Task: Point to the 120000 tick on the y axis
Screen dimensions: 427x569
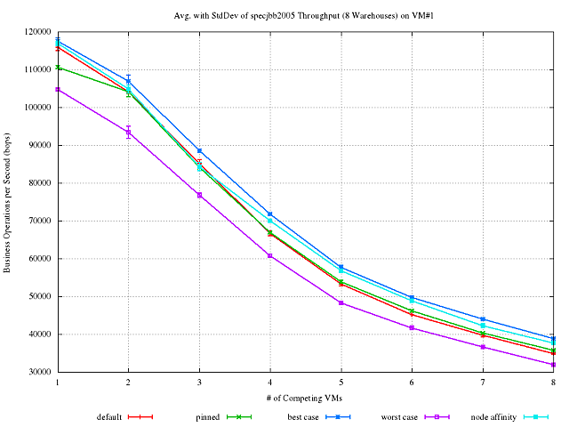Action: (36, 31)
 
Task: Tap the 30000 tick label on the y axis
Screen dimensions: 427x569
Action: (38, 373)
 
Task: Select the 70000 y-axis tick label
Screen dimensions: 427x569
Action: (38, 221)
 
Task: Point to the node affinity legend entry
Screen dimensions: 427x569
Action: (503, 415)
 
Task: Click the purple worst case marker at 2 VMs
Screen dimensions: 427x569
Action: (128, 133)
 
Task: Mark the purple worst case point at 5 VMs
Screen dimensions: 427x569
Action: (341, 302)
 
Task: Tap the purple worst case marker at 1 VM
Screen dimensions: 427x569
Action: (57, 90)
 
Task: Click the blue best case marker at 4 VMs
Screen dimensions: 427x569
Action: (270, 214)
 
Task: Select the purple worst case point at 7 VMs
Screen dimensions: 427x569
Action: (483, 347)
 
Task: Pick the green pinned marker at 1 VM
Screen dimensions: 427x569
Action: (57, 68)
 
